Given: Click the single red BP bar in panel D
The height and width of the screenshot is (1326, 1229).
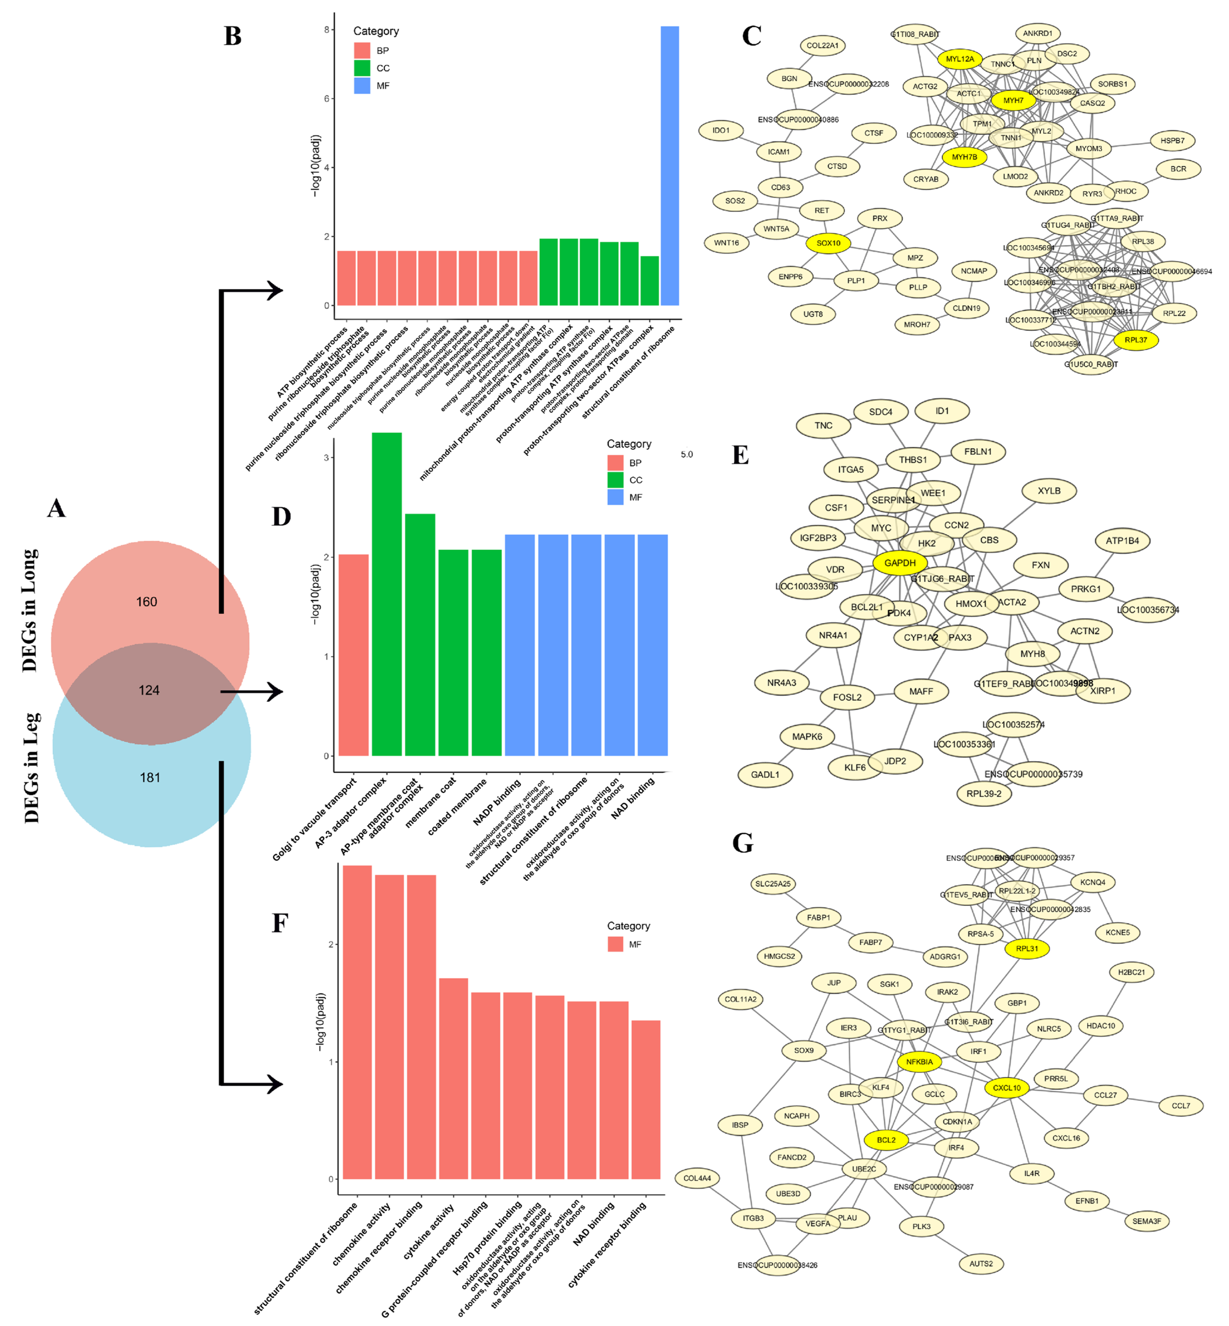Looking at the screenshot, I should click(x=354, y=655).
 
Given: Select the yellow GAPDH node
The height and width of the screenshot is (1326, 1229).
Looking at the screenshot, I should click(x=900, y=563).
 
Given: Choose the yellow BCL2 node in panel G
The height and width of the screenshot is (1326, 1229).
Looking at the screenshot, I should click(x=886, y=1140).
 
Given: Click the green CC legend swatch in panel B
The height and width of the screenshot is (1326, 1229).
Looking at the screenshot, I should click(x=362, y=68).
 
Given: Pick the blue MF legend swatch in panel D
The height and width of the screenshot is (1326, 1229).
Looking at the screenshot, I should click(x=615, y=497).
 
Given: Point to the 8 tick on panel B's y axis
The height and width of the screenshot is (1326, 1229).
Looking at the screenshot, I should click(x=327, y=30).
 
